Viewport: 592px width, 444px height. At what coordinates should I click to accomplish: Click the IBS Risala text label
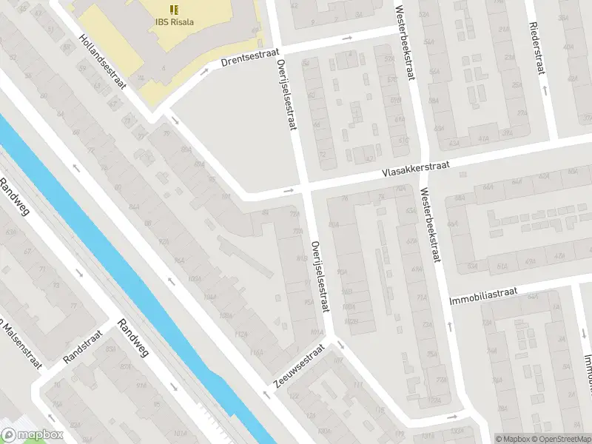tap(174, 21)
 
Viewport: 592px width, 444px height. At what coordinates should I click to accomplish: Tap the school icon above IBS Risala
tap(174, 9)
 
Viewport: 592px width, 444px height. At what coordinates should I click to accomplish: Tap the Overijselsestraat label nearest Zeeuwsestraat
tap(319, 277)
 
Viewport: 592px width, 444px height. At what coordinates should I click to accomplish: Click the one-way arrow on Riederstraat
tap(545, 90)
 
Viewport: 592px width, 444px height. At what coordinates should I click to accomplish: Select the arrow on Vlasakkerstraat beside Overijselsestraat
tap(289, 192)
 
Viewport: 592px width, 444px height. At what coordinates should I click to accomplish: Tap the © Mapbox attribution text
tap(513, 438)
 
